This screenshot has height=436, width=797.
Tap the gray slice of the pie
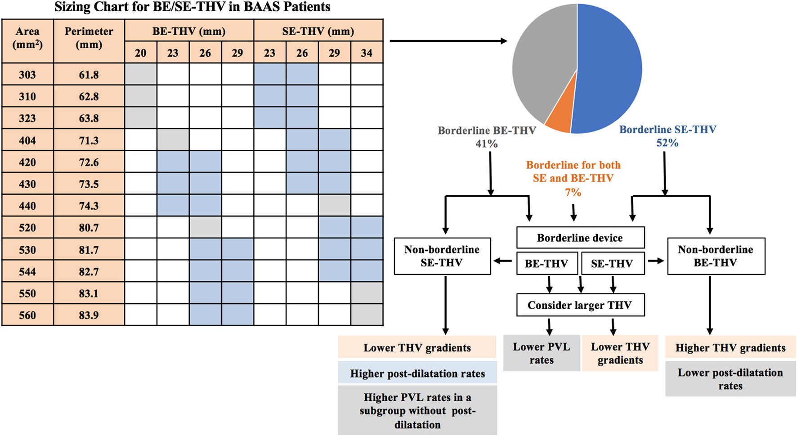(542, 63)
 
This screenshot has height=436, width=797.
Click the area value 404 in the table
(27, 140)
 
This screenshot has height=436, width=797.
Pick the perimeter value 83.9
(89, 315)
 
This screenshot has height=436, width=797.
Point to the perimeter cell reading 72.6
(89, 162)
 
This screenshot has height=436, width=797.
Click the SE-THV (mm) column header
(318, 31)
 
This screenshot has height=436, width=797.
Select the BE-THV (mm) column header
(189, 31)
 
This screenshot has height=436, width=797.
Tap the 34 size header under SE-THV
(367, 53)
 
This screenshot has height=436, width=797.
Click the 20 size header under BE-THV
(140, 53)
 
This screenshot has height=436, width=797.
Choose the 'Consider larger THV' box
(580, 305)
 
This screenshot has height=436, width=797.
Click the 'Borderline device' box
(580, 238)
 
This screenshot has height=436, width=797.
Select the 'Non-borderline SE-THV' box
(442, 256)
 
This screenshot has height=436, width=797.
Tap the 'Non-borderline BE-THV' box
(716, 256)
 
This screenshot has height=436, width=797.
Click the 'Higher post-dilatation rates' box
(417, 373)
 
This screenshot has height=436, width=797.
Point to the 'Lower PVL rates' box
(541, 353)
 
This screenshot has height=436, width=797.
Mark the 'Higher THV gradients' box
(730, 348)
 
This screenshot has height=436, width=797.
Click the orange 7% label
(573, 193)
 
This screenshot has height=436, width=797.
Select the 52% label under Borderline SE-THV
(667, 143)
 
